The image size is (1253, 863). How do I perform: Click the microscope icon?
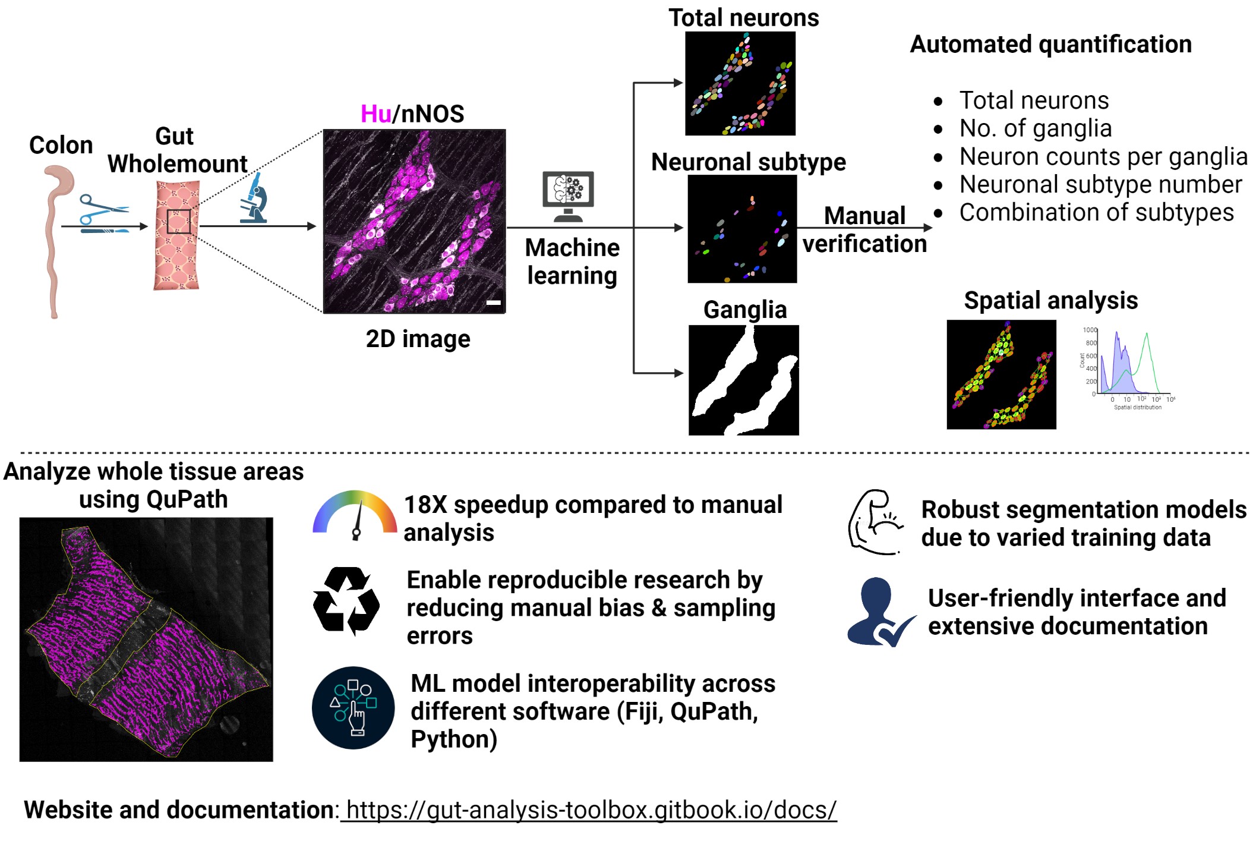point(254,199)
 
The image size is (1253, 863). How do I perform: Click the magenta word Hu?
point(375,114)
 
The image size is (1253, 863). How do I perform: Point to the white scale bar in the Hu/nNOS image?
point(493,303)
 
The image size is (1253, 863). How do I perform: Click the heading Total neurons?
point(743,18)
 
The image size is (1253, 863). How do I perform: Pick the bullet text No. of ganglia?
point(1035,128)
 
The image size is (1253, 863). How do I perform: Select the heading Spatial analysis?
point(1050,300)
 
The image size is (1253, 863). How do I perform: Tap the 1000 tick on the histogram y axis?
point(1090,330)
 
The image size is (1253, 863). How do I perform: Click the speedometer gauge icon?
point(355,515)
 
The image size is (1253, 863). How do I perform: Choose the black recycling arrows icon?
point(346,601)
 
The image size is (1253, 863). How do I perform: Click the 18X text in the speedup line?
point(425,505)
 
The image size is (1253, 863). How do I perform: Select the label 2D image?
point(418,339)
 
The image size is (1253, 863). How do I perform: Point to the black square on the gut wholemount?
point(178,221)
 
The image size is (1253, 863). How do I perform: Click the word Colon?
point(61,145)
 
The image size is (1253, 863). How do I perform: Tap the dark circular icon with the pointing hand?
point(354,707)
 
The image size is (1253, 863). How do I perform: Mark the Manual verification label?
point(864,230)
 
